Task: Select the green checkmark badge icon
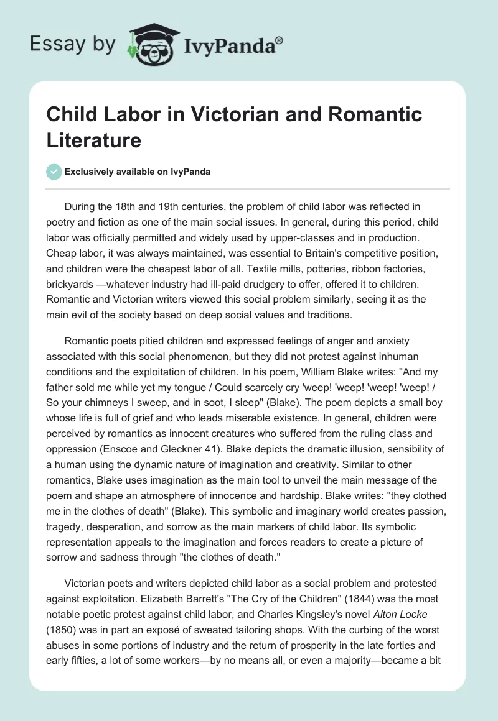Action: (x=54, y=172)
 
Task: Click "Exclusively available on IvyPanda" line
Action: (x=137, y=172)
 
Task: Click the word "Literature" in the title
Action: (x=94, y=139)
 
